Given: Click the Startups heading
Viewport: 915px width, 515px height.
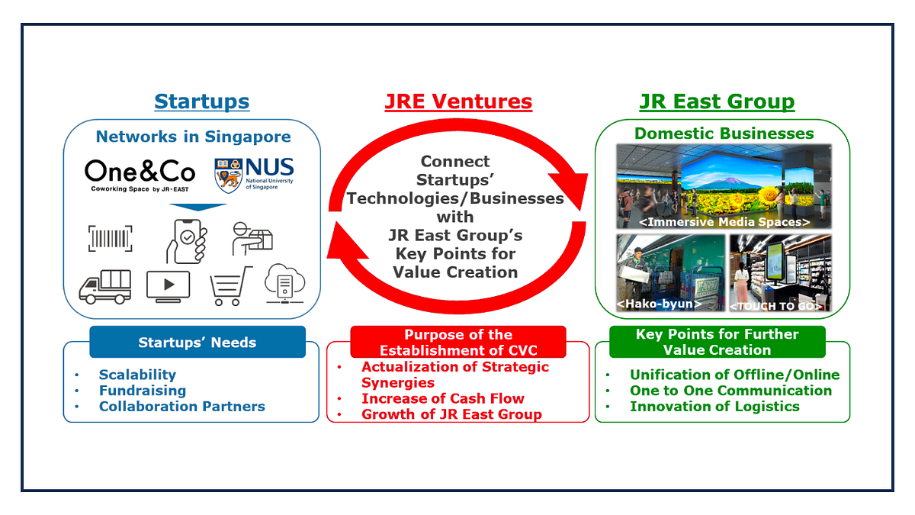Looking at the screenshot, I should point(201,101).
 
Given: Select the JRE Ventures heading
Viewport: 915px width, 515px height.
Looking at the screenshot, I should point(457,101).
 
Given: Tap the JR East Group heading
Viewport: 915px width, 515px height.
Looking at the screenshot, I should point(717,101).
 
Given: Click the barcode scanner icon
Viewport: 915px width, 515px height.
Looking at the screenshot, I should point(110,238).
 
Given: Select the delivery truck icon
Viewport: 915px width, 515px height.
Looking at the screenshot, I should point(104,286).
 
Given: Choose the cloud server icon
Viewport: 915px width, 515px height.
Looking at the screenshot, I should point(284,284).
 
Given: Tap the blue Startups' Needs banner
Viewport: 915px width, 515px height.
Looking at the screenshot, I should point(197,343).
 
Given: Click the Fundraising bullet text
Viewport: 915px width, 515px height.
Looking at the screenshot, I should point(142,391).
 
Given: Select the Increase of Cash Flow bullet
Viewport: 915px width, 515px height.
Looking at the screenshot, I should point(442,398).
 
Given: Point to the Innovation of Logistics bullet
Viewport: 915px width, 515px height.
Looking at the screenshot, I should point(714,407).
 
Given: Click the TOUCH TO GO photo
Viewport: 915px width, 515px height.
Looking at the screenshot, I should point(780,271).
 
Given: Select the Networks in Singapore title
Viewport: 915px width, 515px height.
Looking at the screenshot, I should point(193,137).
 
